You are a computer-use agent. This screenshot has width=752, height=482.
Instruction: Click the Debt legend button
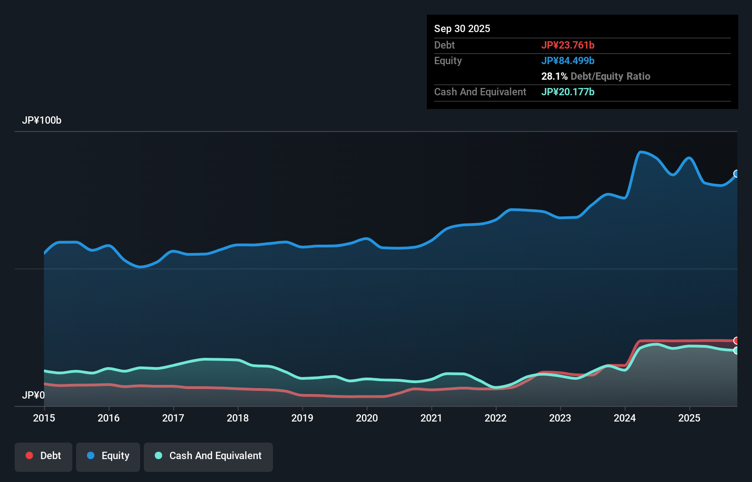point(44,456)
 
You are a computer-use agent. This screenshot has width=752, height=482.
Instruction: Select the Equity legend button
point(108,456)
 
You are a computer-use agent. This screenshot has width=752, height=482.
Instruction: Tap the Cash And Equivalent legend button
point(208,456)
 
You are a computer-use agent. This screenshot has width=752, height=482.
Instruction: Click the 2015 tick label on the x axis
point(44,418)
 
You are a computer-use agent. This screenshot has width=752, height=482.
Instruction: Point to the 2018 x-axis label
point(238,418)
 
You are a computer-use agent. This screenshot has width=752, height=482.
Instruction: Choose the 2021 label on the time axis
point(431,418)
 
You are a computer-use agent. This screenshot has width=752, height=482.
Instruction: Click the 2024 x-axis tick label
point(625,418)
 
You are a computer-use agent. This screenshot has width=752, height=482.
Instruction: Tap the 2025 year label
point(689,418)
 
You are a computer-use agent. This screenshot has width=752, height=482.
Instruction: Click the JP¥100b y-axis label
point(42,120)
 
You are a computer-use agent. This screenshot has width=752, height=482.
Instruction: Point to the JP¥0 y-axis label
point(33,395)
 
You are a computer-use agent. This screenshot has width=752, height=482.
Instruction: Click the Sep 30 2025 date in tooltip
point(462,29)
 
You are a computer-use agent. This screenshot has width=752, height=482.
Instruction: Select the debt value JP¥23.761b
point(567,45)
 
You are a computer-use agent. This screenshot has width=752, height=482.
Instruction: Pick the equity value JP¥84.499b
point(567,60)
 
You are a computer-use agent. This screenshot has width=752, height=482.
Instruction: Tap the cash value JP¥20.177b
point(567,92)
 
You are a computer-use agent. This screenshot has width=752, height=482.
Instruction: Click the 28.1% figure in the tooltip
point(554,76)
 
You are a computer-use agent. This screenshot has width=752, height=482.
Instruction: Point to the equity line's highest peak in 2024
point(641,152)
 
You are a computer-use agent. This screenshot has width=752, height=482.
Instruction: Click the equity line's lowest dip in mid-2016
point(141,267)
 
